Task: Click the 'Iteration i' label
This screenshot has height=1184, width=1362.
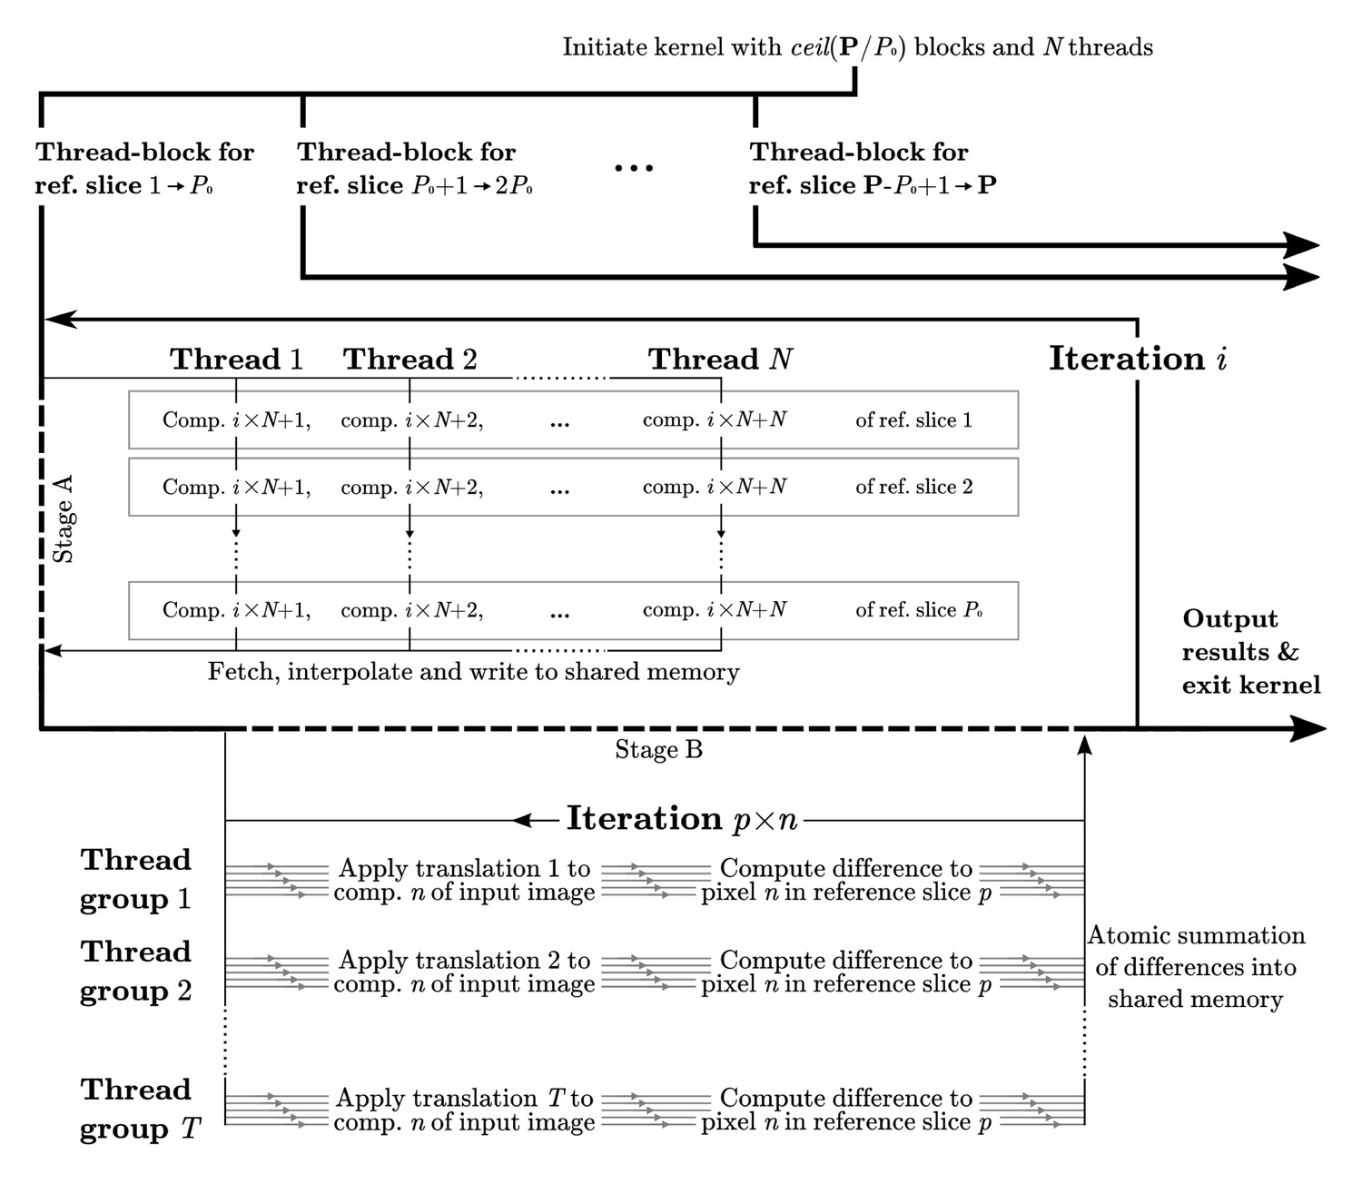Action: tap(1139, 359)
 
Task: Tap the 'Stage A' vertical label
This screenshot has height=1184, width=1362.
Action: tap(64, 518)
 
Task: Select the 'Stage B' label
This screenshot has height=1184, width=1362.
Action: tap(658, 750)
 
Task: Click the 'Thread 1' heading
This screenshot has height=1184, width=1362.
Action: tap(236, 360)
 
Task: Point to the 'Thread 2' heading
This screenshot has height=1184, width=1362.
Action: tap(410, 360)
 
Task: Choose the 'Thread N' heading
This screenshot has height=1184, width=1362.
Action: tap(720, 360)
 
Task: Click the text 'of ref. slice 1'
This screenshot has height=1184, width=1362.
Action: tap(913, 420)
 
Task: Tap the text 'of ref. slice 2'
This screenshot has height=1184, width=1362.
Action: tap(914, 487)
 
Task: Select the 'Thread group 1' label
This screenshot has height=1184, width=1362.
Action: tap(136, 879)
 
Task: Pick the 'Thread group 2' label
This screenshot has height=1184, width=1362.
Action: tap(136, 971)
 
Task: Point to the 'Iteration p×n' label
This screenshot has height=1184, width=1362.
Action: tap(682, 819)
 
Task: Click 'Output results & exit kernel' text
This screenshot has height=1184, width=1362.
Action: tap(1251, 652)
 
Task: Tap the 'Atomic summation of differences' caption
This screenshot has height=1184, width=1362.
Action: tap(1196, 967)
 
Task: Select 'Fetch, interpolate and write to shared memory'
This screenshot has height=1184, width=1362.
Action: tap(473, 672)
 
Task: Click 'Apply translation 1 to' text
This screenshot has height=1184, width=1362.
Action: tap(465, 869)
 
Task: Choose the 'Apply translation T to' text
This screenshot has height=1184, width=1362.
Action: tap(465, 1098)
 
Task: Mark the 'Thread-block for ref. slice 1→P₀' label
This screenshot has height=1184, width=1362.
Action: tap(144, 168)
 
